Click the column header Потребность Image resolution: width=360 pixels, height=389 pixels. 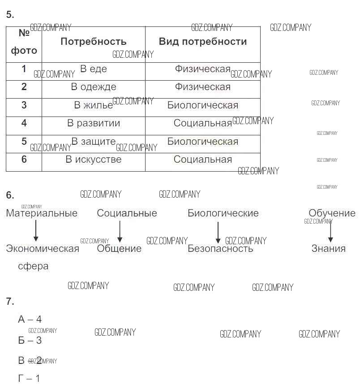pos(93,42)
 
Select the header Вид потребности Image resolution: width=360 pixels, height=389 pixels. pos(202,42)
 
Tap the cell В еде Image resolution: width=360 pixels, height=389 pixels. pos(93,69)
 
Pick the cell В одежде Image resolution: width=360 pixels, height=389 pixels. pos(93,87)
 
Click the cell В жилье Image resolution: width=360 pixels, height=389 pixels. pos(93,105)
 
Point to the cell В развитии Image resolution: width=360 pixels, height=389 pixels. pos(93,123)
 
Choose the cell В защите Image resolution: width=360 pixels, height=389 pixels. pos(93,142)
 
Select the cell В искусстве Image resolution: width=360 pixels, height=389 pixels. pos(93,160)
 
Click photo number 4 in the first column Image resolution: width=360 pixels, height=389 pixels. pos(24,123)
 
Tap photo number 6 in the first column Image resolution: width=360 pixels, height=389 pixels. pos(24,160)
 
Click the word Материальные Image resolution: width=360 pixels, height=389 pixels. pos(42,213)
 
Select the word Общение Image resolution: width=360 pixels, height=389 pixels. pos(119,249)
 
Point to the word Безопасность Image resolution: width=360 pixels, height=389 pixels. pos(220,249)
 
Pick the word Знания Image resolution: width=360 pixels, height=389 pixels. pos(328,249)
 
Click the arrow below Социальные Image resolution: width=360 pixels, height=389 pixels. pos(120,232)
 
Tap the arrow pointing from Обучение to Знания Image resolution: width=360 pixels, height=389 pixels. pos(330,232)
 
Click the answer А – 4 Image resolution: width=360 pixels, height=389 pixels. pos(30,320)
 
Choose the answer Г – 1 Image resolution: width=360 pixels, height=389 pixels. pos(29,379)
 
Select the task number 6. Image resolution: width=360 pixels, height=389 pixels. pos(10,195)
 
